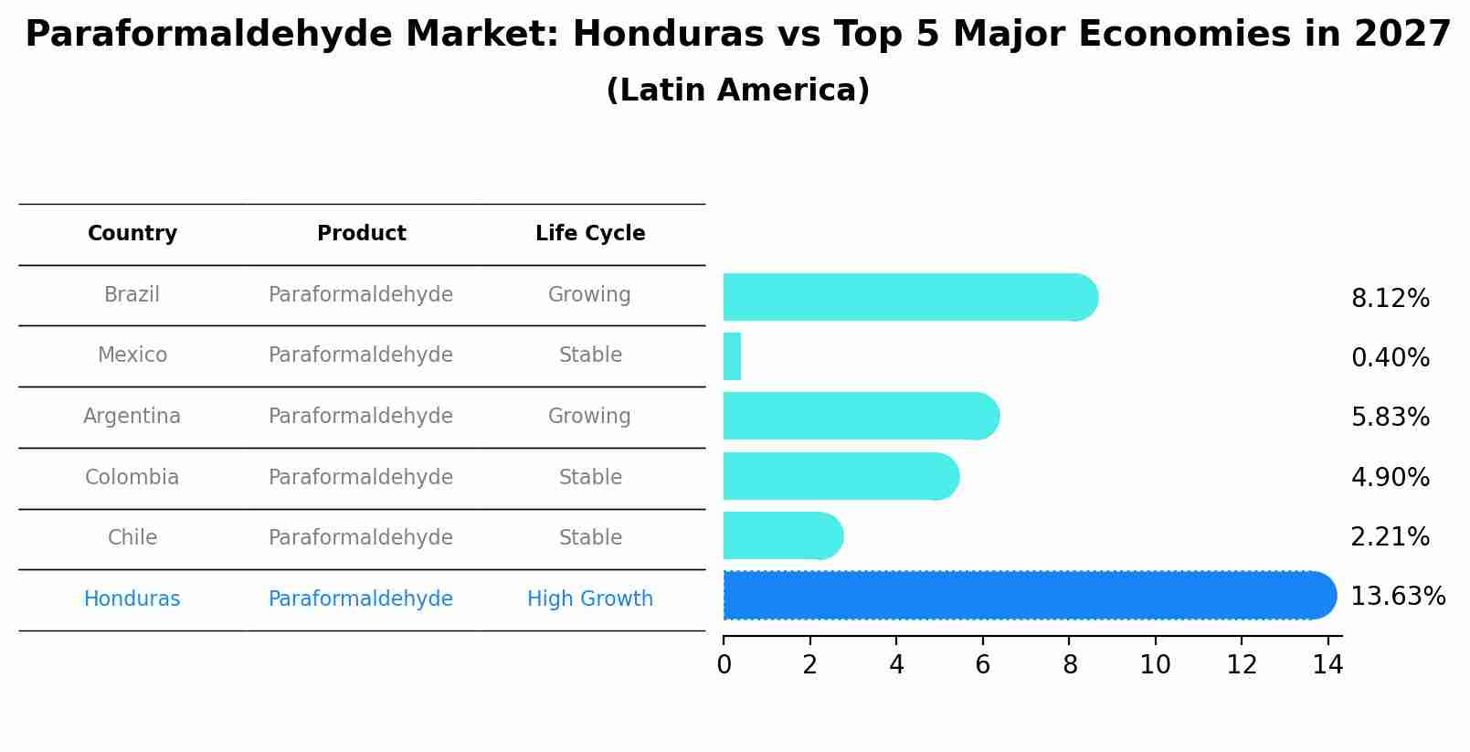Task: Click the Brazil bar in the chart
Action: [x=909, y=297]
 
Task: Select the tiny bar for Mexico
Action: [x=732, y=356]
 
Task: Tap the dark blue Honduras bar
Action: [x=1028, y=596]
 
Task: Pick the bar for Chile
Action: [x=782, y=535]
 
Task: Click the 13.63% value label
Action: [x=1397, y=597]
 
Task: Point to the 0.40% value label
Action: [x=1390, y=358]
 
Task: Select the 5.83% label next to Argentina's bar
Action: [x=1390, y=418]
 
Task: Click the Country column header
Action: [x=132, y=234]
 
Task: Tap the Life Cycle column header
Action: [x=590, y=234]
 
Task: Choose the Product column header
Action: [x=361, y=234]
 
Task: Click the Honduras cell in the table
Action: [x=132, y=599]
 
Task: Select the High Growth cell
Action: [x=590, y=599]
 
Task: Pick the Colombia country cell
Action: [x=132, y=478]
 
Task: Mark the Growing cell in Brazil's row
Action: [x=589, y=295]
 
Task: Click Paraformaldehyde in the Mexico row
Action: [x=361, y=355]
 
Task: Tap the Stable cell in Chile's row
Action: [x=590, y=538]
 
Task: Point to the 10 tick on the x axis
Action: [x=1155, y=665]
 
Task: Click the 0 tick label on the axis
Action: [x=724, y=665]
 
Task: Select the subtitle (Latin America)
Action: [x=737, y=90]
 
